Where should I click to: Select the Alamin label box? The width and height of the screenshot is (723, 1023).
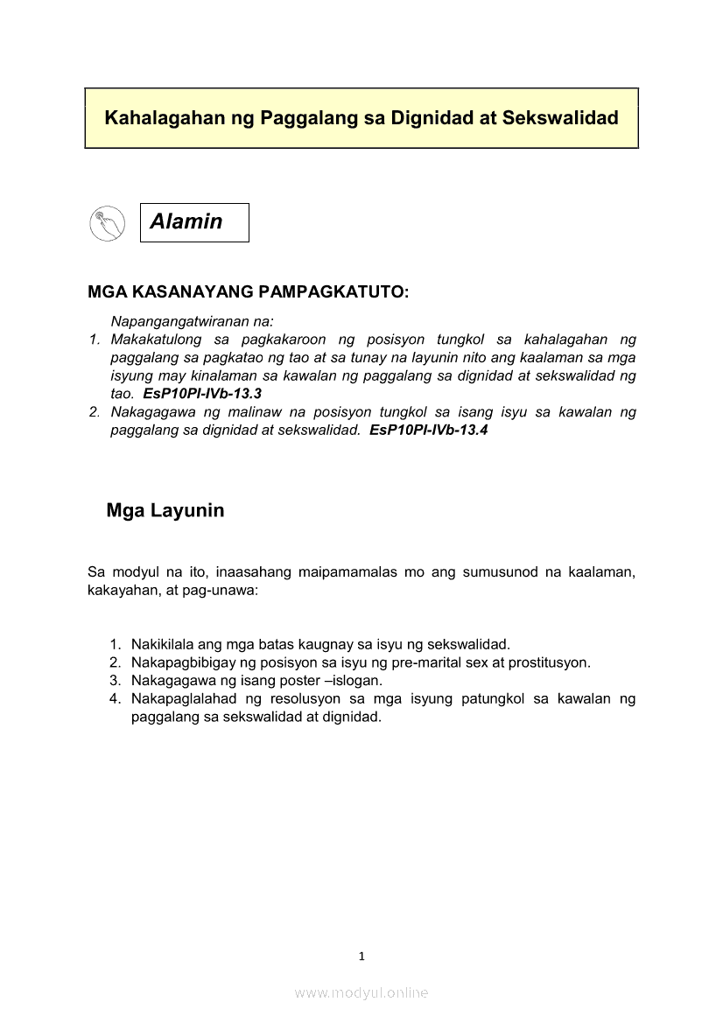[x=194, y=222]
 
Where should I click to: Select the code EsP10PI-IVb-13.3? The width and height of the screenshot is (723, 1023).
[x=202, y=394]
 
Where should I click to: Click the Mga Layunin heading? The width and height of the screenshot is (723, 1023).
[x=165, y=510]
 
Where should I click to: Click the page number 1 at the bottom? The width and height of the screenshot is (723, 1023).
[x=361, y=956]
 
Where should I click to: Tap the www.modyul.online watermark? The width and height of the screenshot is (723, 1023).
[x=361, y=993]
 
